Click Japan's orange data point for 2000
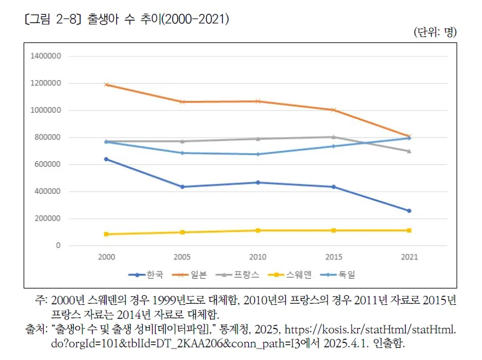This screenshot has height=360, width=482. (x=107, y=84)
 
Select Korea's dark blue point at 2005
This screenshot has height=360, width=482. (x=182, y=187)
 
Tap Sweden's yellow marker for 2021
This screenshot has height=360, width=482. (x=409, y=230)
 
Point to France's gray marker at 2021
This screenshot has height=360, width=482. (x=409, y=151)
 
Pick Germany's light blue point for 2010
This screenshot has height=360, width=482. (x=258, y=154)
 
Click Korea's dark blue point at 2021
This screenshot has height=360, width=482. (x=409, y=211)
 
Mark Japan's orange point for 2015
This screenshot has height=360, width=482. (x=334, y=110)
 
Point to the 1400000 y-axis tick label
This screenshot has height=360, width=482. (x=45, y=56)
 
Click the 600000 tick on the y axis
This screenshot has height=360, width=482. (x=47, y=164)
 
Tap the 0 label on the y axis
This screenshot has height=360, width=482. (x=58, y=245)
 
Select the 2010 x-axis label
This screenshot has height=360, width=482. (x=258, y=257)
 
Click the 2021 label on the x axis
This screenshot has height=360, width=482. (x=409, y=257)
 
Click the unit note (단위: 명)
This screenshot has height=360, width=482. (x=435, y=32)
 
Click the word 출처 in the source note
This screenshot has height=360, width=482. (x=36, y=330)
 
